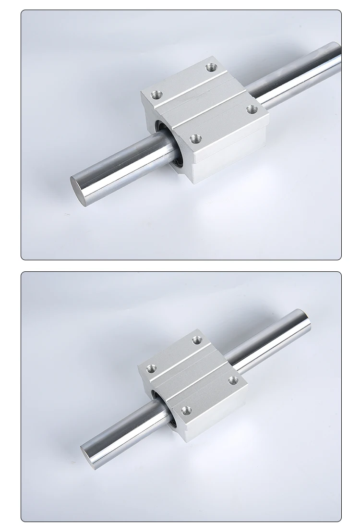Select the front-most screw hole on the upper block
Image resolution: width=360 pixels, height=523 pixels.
(194, 139)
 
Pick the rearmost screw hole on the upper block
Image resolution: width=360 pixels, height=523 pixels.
(211, 68)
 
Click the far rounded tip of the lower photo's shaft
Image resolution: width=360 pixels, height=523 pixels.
(305, 317)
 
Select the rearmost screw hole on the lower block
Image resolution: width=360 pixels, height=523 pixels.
(197, 341)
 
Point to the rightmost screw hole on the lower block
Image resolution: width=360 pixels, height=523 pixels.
(233, 380)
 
